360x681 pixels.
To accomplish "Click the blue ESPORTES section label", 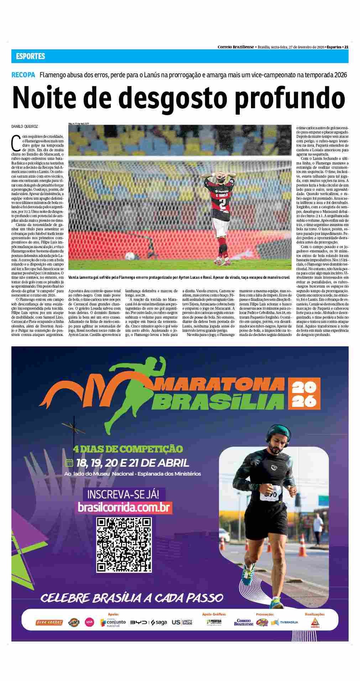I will tap(30, 56).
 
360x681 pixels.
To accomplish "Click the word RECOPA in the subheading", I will tap(23, 75).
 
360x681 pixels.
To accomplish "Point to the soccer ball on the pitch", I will tap(131, 255).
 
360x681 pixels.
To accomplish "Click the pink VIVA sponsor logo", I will tap(89, 622).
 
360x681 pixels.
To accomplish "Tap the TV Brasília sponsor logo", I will tap(285, 622).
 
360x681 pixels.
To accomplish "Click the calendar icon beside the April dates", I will tap(69, 463).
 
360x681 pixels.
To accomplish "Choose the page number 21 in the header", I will tap(346, 47).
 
